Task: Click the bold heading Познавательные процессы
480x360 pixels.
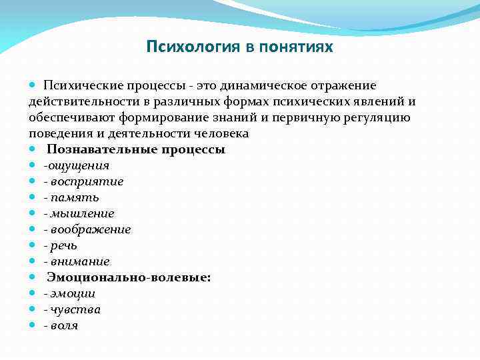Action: click(x=136, y=149)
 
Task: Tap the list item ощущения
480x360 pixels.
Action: click(x=77, y=165)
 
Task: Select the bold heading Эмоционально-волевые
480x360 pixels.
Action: click(x=129, y=277)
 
